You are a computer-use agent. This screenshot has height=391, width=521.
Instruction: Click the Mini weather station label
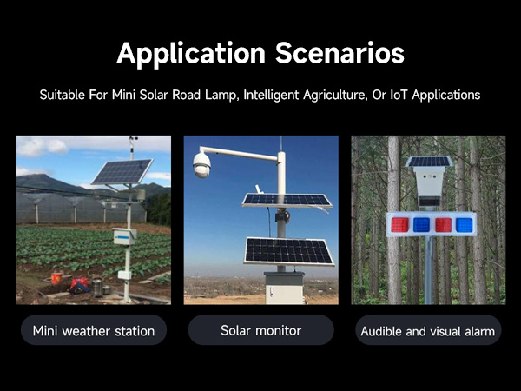pyautogui.click(x=94, y=330)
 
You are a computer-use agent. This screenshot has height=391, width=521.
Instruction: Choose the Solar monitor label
pyautogui.click(x=260, y=330)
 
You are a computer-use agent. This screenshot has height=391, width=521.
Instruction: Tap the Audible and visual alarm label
pyautogui.click(x=427, y=330)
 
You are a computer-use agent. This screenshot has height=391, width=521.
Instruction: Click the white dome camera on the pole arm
pyautogui.click(x=202, y=164)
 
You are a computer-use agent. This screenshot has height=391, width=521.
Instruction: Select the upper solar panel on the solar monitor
pyautogui.click(x=286, y=200)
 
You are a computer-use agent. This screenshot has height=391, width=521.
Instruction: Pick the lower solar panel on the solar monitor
pyautogui.click(x=289, y=250)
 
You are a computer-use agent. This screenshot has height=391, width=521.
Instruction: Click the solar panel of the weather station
pyautogui.click(x=122, y=171)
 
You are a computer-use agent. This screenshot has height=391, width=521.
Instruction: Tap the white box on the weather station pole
pyautogui.click(x=125, y=235)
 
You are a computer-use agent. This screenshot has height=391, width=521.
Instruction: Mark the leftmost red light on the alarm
pyautogui.click(x=399, y=225)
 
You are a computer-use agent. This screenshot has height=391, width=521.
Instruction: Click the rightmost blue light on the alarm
pyautogui.click(x=465, y=225)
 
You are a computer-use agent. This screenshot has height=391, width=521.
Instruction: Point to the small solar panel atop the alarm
pyautogui.click(x=429, y=162)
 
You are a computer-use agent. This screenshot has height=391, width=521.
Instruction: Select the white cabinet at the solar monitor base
pyautogui.click(x=285, y=288)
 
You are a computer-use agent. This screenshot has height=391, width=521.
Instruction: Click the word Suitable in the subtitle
pyautogui.click(x=63, y=94)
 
